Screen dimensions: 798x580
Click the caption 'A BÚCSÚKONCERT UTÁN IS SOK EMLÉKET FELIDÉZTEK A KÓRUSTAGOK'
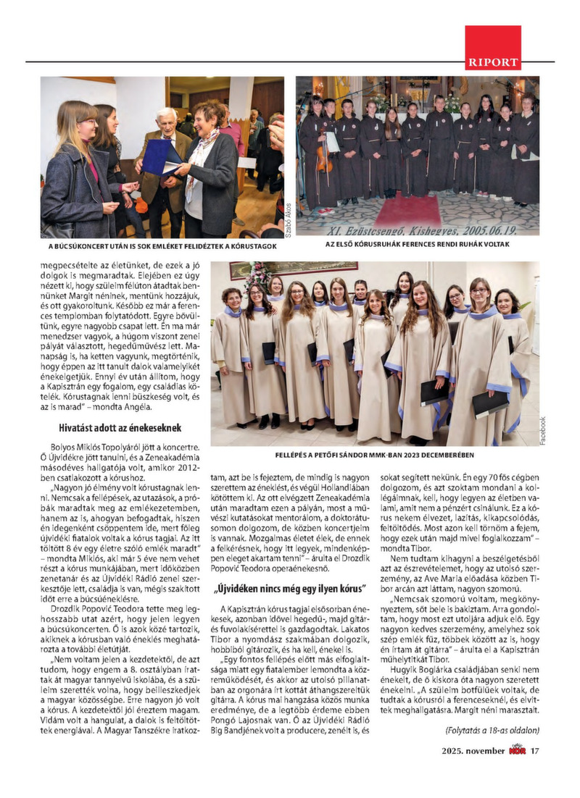click(158, 245)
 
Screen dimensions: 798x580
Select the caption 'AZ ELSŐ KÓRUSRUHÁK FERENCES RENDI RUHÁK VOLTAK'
click(418, 245)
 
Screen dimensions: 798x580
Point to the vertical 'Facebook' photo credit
click(543, 431)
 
